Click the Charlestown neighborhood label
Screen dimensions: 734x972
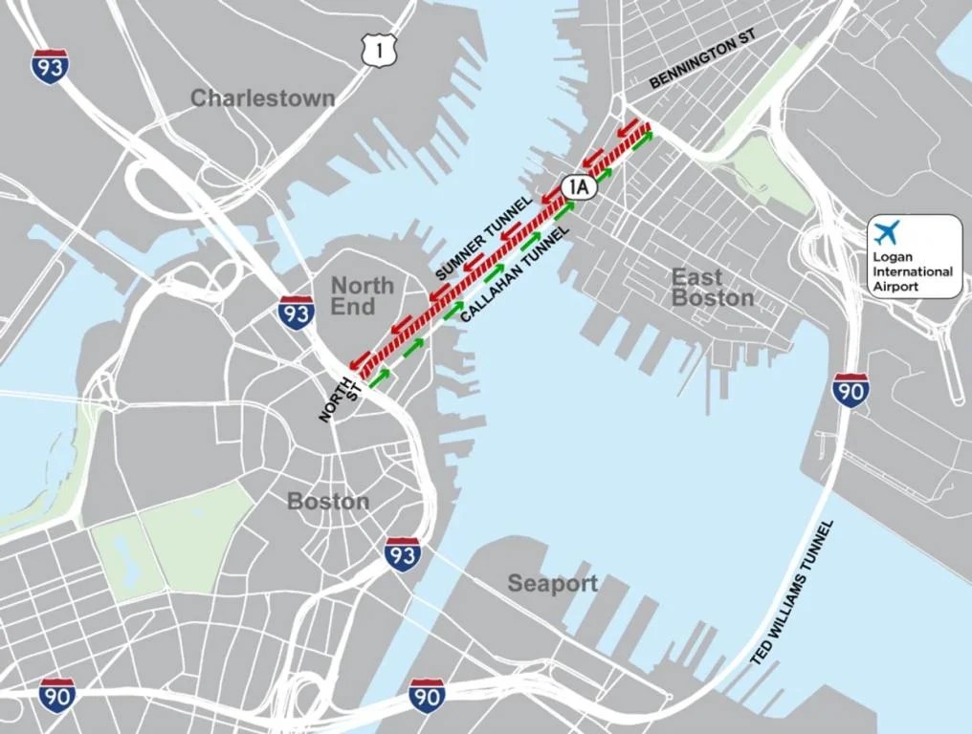263,98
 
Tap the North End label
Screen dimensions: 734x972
362,296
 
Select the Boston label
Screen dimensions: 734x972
328,501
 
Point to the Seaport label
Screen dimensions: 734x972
553,583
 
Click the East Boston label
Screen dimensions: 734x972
712,288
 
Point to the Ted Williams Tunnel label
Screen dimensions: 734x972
794,593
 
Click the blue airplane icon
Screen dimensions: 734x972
887,232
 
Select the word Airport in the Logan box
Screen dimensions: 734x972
895,286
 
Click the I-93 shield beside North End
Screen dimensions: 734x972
297,313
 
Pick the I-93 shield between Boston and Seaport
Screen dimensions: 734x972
403,553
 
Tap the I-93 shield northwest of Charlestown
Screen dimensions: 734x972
50,66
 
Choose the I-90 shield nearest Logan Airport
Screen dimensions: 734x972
850,390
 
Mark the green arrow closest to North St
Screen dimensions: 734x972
380,376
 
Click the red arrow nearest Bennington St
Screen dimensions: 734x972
629,127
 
